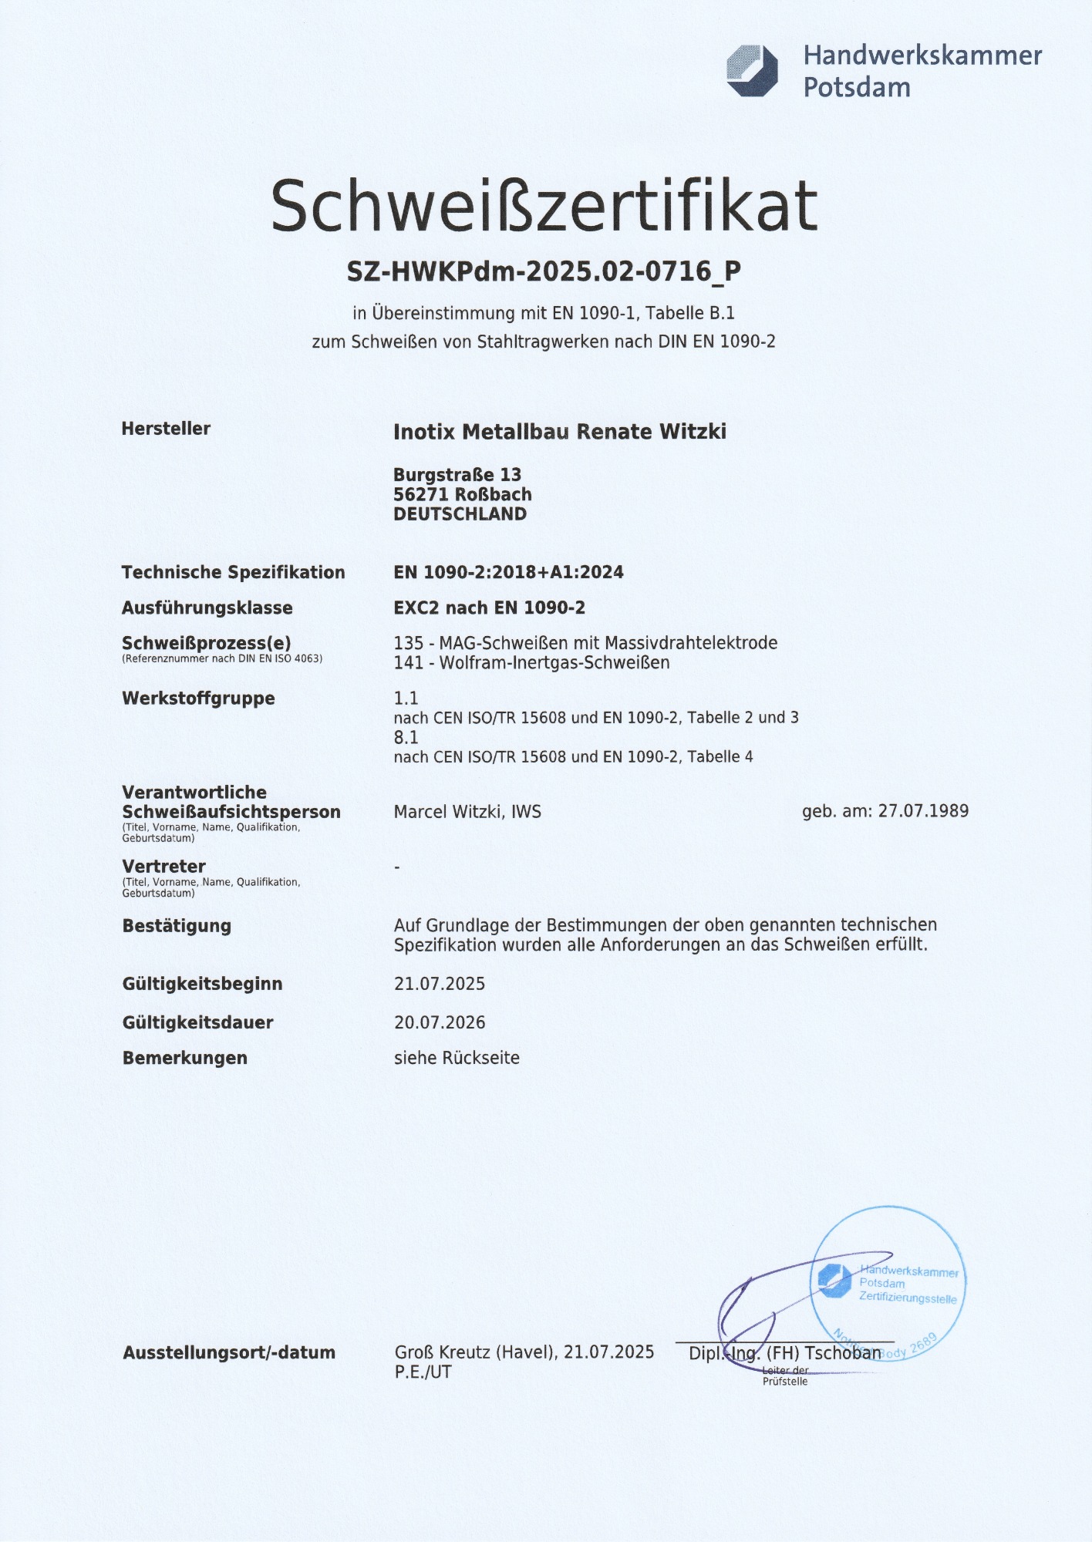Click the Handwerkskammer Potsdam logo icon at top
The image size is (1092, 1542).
coord(752,71)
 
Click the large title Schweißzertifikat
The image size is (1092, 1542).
coord(544,206)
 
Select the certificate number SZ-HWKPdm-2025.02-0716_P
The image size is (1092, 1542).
coord(544,271)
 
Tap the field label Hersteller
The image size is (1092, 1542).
coord(166,429)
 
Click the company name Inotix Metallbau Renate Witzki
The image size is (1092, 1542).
coord(560,432)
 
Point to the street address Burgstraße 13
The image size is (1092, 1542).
coord(457,475)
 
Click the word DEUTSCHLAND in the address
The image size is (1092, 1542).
coord(460,514)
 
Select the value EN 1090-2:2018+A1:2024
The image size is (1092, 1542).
coord(508,572)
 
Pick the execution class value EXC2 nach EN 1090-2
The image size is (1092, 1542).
coord(489,608)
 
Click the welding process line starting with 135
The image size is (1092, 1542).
coord(585,643)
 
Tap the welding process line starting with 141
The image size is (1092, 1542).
coord(531,663)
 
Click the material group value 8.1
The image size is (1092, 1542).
coord(406,738)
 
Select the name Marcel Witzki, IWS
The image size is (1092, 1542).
coord(467,812)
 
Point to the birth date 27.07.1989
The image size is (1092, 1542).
coord(923,811)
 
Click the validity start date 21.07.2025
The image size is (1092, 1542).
coord(440,984)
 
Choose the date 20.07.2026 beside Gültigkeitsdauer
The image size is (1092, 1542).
coord(440,1023)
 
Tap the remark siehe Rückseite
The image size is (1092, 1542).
coord(457,1058)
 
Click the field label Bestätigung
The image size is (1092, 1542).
coord(177,926)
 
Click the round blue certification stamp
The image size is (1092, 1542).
coord(888,1283)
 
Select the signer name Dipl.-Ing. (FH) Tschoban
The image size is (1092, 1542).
coord(784,1353)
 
